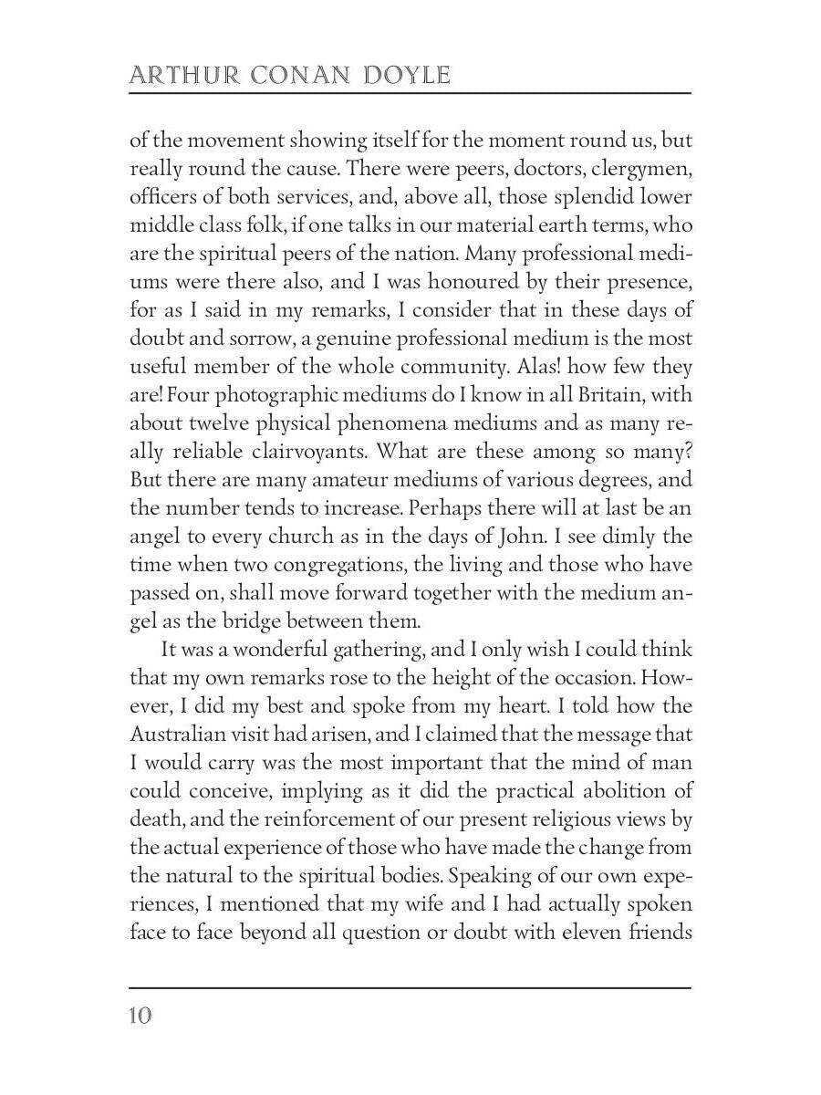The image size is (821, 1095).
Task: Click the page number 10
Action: [140, 1015]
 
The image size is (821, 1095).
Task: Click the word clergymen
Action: [647, 170]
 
